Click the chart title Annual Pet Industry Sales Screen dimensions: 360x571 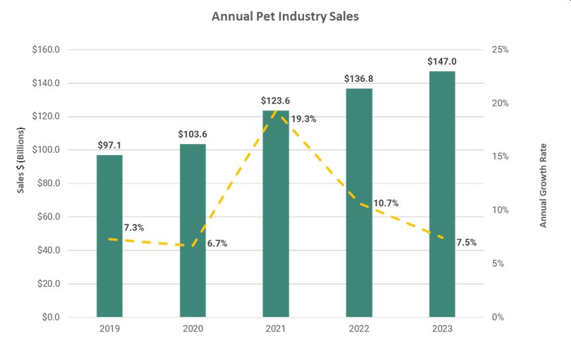pyautogui.click(x=285, y=17)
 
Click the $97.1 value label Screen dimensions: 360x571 pyautogui.click(x=110, y=145)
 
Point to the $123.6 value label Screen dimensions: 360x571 pyautogui.click(x=276, y=101)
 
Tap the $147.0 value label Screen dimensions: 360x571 pyautogui.click(x=442, y=61)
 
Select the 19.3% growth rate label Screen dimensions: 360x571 pyautogui.click(x=303, y=120)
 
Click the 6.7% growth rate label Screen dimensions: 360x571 pyautogui.click(x=217, y=243)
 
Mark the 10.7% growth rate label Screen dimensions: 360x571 pyautogui.click(x=385, y=203)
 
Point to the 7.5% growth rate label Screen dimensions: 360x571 pyautogui.click(x=466, y=242)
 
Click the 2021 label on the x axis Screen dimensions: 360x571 pyautogui.click(x=276, y=328)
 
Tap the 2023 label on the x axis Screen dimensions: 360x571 pyautogui.click(x=442, y=328)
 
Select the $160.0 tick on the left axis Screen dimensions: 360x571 pyautogui.click(x=47, y=50)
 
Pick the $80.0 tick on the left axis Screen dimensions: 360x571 pyautogui.click(x=48, y=184)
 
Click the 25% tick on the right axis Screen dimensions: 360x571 pyautogui.click(x=500, y=50)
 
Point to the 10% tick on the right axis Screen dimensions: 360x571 pyautogui.click(x=500, y=210)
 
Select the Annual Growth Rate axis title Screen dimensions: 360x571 pyautogui.click(x=543, y=185)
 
